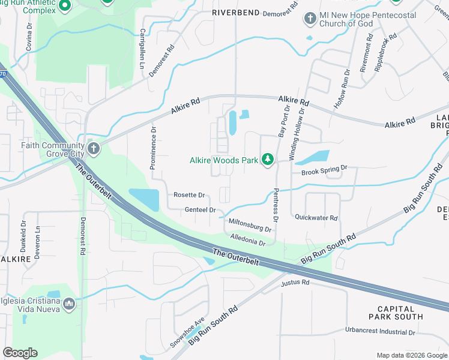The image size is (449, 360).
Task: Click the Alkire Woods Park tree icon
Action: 268,160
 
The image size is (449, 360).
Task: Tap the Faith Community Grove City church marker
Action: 93,148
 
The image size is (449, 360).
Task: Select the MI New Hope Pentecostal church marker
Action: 310,19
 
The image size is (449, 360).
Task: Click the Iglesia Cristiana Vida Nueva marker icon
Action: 69,305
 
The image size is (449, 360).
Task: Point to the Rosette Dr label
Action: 189,195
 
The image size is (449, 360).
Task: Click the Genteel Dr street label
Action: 200,210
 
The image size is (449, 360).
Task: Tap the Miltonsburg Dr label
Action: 250,225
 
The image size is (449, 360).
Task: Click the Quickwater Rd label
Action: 316,218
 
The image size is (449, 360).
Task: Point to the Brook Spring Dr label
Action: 324,171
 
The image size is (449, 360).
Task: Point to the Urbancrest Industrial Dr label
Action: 380,331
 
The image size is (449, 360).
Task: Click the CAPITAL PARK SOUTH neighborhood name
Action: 396,312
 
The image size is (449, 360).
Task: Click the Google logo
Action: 20,353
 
